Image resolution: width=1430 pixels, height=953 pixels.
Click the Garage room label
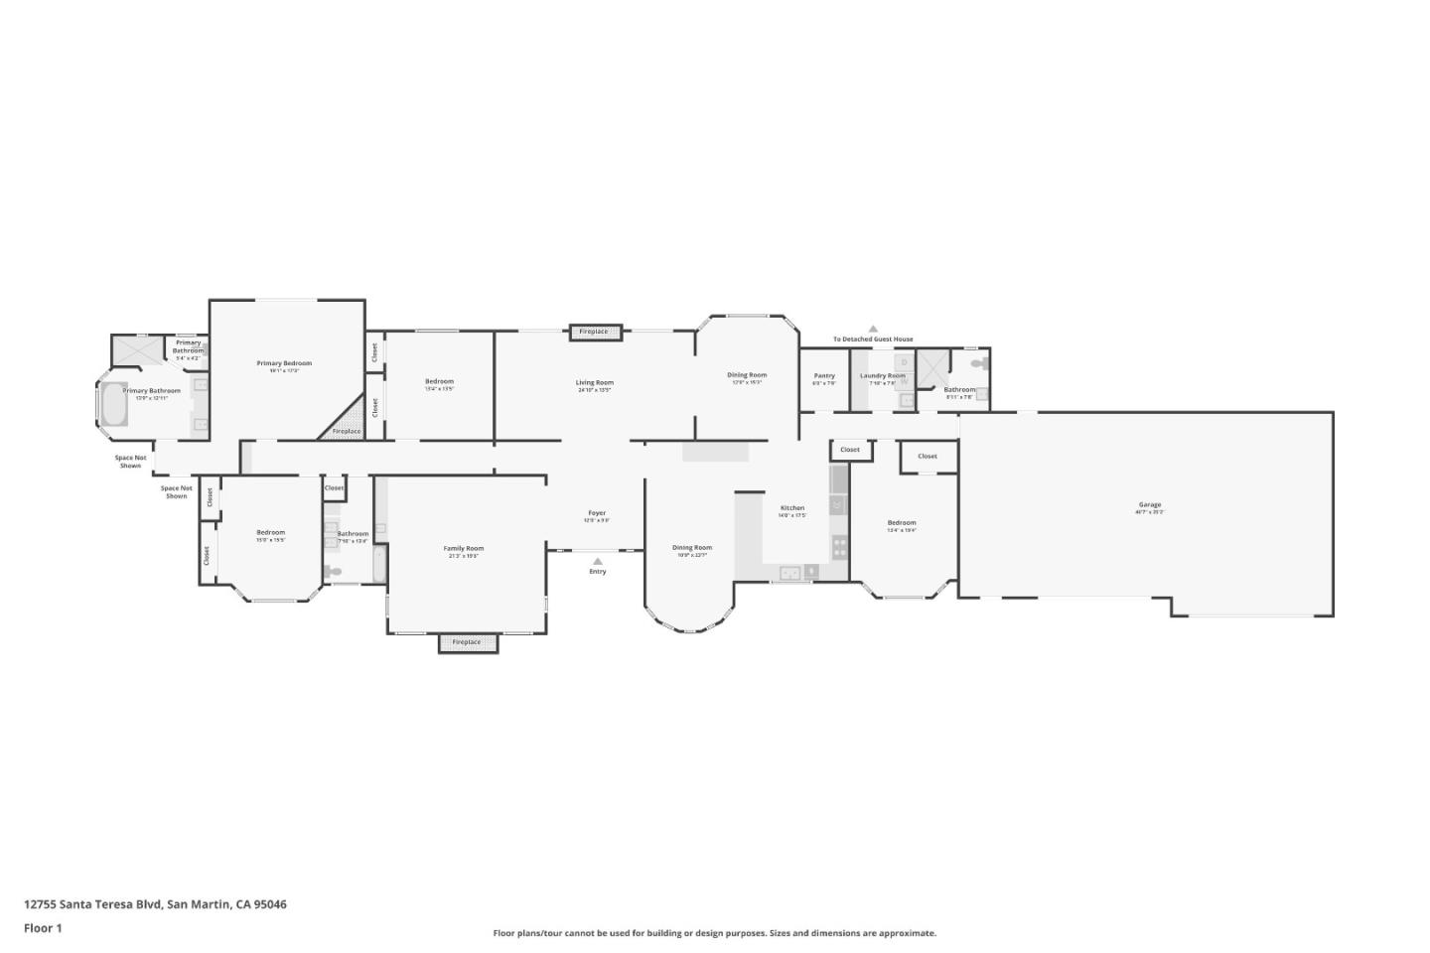coord(1150,505)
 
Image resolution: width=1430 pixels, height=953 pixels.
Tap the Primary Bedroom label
coord(284,364)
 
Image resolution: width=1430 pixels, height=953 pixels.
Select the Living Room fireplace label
coord(594,332)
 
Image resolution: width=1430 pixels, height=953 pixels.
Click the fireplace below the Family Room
coord(467,642)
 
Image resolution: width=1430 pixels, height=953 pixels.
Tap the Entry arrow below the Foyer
coord(597,561)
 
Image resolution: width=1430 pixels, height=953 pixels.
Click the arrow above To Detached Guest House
coord(873,329)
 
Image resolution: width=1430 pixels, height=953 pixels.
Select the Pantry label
coord(824,376)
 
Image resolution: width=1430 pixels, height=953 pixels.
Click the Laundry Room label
coord(882,376)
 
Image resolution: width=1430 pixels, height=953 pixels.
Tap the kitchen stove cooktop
coord(839,544)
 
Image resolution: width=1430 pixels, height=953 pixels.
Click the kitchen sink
coord(790,572)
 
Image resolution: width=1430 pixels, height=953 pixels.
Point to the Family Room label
coord(463,549)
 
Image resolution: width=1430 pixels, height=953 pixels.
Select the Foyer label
coord(597,513)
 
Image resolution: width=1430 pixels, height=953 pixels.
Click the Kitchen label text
coord(791,508)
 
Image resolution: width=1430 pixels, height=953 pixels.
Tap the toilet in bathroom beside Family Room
coord(334,571)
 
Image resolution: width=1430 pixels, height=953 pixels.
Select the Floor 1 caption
coord(43,928)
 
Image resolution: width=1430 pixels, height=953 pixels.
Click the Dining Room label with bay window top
coord(746,375)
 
